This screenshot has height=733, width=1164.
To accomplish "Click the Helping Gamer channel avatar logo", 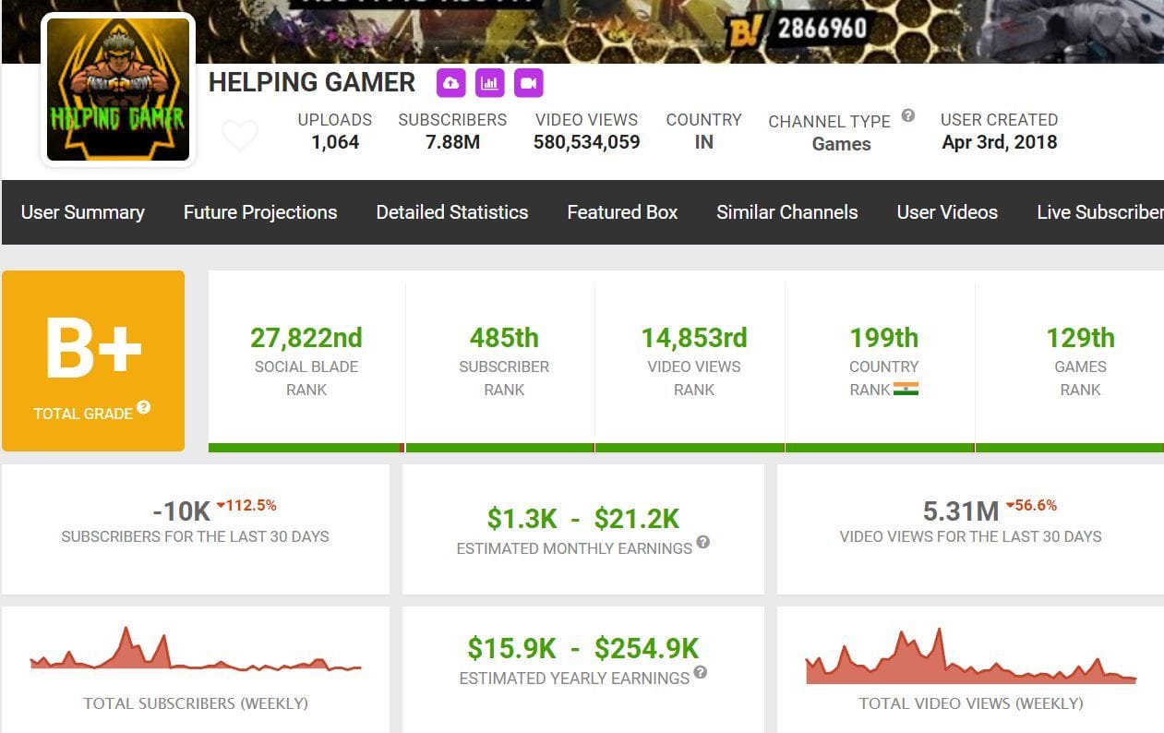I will [117, 89].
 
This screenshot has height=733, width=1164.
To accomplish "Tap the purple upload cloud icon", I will [450, 83].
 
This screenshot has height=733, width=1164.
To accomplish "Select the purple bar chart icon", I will [489, 83].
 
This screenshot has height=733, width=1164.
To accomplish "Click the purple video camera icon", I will [528, 83].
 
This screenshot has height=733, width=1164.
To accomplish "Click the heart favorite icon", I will [240, 137].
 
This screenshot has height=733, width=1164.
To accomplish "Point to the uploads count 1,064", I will [334, 142].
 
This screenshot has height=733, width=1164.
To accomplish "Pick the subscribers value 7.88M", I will [452, 142].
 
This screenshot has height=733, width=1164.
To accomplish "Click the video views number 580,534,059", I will [586, 142].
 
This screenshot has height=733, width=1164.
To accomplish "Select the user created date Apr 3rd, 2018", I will [999, 142].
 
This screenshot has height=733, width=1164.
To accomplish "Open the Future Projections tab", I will [260, 212].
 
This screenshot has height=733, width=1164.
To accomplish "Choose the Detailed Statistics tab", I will [451, 212].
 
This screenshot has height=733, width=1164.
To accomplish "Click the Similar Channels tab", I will [786, 212].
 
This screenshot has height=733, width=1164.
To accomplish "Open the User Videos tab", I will [947, 212].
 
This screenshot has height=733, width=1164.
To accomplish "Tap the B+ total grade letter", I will [93, 349].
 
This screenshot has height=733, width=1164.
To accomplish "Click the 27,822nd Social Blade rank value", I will [306, 338].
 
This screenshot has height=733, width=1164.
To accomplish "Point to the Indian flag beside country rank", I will [906, 390].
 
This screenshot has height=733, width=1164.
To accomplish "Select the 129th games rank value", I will [1080, 338].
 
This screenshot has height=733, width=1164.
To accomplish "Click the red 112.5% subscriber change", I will [247, 506].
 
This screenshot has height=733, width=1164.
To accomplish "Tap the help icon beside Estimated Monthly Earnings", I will [703, 543].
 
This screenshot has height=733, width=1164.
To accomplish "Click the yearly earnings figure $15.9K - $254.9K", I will [582, 649].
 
